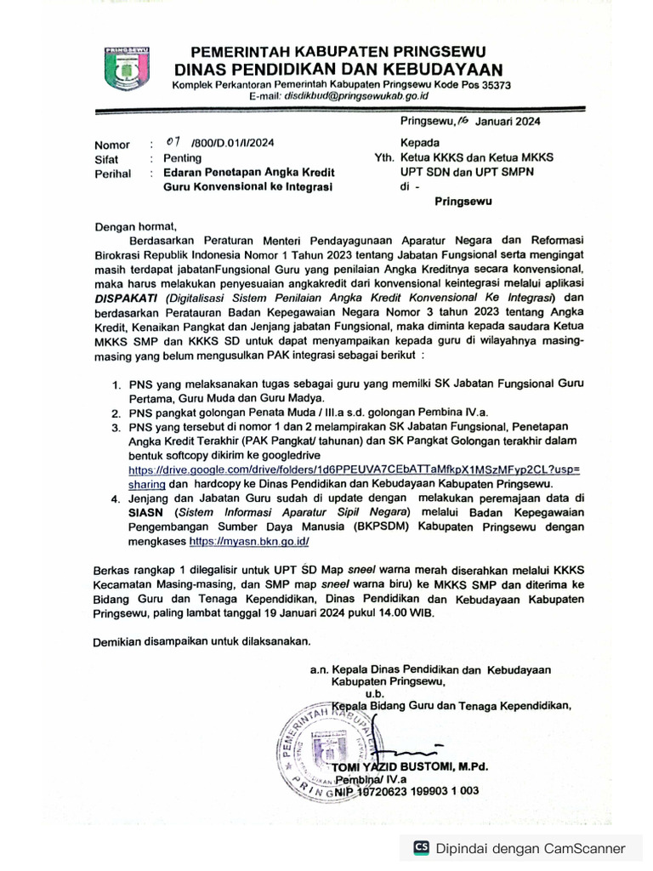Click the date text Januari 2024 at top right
pyautogui.click(x=507, y=121)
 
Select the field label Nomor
pyautogui.click(x=112, y=145)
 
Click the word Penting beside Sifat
pyautogui.click(x=183, y=158)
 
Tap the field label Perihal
pyautogui.click(x=113, y=173)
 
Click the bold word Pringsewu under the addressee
pyautogui.click(x=463, y=202)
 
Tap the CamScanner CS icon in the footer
pyautogui.click(x=421, y=847)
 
